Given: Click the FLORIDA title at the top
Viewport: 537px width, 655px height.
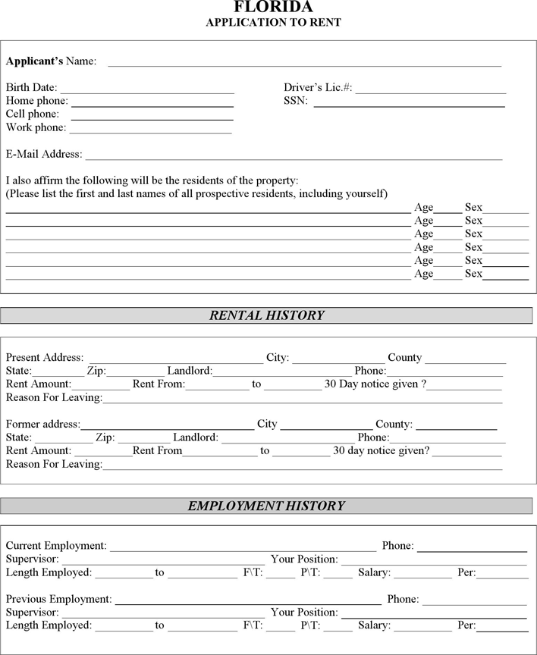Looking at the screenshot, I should (x=273, y=7).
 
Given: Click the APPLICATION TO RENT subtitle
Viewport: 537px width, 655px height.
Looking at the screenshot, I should (x=273, y=22).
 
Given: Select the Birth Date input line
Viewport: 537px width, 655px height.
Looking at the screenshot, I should (x=147, y=90).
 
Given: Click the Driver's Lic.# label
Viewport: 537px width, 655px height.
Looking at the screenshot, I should (x=318, y=88).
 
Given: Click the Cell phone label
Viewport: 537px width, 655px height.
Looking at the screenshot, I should (x=32, y=114).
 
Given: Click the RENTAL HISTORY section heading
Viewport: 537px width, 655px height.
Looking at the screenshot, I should (x=267, y=315).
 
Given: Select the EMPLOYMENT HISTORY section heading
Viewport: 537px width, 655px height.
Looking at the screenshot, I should (x=267, y=506).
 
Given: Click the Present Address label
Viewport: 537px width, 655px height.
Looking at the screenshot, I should (x=44, y=358).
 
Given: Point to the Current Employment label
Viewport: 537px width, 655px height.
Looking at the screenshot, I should (x=55, y=546).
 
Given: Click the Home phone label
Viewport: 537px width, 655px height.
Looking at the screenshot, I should (x=36, y=101).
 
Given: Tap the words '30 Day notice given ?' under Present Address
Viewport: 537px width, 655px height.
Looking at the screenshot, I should (x=375, y=384).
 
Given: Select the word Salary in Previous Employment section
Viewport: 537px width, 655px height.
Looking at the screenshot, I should (x=373, y=625).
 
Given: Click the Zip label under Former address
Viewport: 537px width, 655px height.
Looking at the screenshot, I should (x=105, y=437).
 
